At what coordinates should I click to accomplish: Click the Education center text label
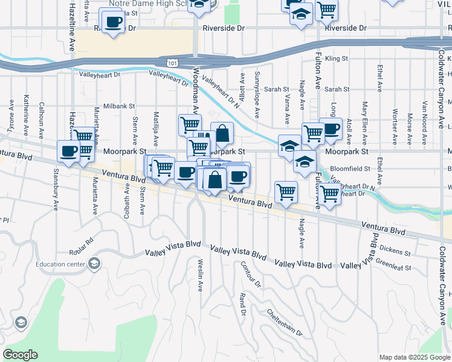coord(60,264)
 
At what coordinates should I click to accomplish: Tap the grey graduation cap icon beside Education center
coord(94,264)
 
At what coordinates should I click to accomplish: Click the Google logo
coord(20,355)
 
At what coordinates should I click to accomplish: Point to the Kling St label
coord(337,59)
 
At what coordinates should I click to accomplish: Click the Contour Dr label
coord(250,274)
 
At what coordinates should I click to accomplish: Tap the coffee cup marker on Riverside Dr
coord(112,23)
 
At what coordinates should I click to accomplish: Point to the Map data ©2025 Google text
coord(415,357)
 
